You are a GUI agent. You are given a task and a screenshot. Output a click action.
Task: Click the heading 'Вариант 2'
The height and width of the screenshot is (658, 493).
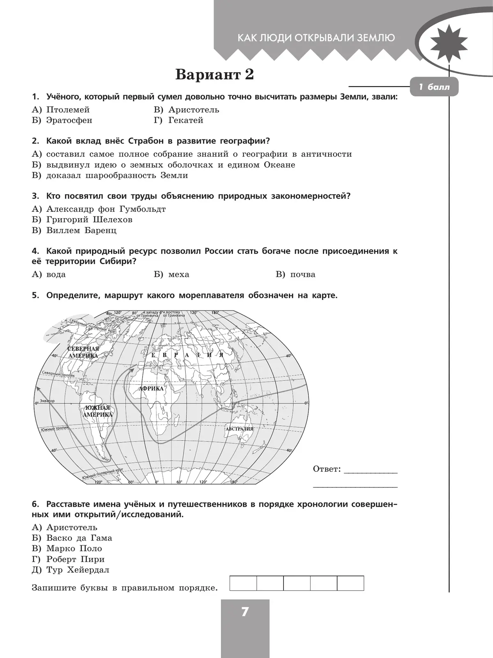(x=214, y=75)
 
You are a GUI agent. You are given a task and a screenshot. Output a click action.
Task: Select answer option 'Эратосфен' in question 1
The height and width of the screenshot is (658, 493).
(x=69, y=121)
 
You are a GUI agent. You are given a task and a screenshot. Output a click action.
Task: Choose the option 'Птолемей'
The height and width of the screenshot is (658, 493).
(x=68, y=110)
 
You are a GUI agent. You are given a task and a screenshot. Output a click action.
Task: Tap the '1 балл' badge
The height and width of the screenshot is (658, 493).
(x=434, y=87)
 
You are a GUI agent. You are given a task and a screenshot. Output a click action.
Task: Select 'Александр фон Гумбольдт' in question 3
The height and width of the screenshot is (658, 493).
(x=106, y=209)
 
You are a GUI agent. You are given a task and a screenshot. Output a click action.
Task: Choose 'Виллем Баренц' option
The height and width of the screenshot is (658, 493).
(x=81, y=231)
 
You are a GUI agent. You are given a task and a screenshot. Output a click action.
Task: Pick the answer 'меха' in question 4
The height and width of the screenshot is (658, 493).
(x=179, y=275)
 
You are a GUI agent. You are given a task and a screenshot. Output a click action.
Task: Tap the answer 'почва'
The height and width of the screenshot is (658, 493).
(x=303, y=275)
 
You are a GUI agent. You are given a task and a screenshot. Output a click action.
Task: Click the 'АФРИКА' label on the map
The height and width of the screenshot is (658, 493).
(x=151, y=388)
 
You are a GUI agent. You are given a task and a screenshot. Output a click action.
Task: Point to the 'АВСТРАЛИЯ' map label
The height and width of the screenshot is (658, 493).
(x=239, y=429)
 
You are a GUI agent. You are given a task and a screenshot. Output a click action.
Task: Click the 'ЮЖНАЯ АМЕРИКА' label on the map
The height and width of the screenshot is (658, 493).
(x=97, y=411)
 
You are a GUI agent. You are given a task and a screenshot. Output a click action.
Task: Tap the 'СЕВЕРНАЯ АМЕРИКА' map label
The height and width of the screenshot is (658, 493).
(x=83, y=352)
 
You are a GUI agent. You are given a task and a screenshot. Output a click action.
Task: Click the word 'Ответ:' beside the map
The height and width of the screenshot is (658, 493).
(x=327, y=469)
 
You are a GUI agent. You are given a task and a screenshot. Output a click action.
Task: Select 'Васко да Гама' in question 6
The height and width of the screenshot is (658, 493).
(x=79, y=538)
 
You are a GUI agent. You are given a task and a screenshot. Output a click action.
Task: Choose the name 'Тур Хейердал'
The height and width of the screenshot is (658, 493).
(x=78, y=570)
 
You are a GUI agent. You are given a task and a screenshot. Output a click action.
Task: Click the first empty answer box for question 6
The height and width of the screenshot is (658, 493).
(x=243, y=583)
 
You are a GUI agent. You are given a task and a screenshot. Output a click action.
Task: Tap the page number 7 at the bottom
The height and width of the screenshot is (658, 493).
(x=245, y=612)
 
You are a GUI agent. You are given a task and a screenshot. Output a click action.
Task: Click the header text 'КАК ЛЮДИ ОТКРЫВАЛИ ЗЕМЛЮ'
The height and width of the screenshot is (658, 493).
(x=316, y=38)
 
